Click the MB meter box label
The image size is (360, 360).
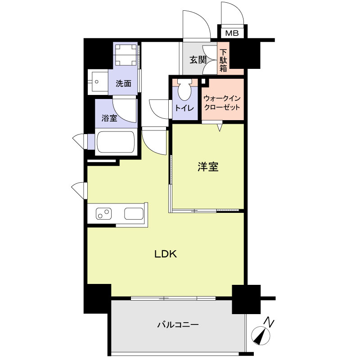click(x=232, y=33)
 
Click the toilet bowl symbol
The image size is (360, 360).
click(x=184, y=90)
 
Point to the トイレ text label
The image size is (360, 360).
click(x=184, y=108)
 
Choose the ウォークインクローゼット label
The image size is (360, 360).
click(x=221, y=103)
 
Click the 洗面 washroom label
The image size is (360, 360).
click(x=123, y=83)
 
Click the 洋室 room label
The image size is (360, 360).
click(x=208, y=167)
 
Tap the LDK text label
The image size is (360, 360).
click(x=166, y=254)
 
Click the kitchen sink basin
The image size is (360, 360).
click(x=133, y=213)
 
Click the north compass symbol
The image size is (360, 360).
click(x=260, y=336)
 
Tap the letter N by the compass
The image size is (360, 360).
click(x=269, y=322)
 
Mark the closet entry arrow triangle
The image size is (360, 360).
click(x=220, y=128)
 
